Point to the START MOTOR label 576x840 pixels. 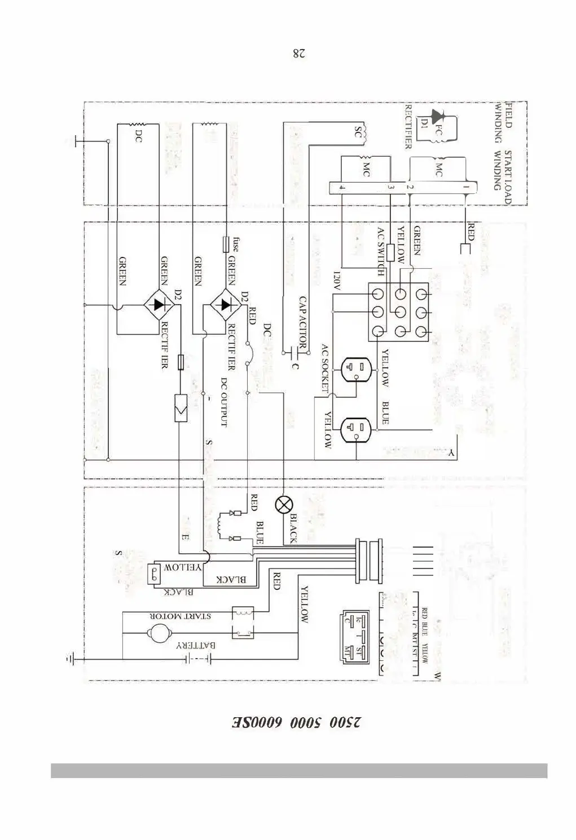(181, 616)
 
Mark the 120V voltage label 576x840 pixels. (337, 280)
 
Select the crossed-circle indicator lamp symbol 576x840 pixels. (282, 505)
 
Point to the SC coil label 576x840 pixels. (357, 132)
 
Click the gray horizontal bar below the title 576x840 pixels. (299, 770)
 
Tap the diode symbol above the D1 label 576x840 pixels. (436, 115)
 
